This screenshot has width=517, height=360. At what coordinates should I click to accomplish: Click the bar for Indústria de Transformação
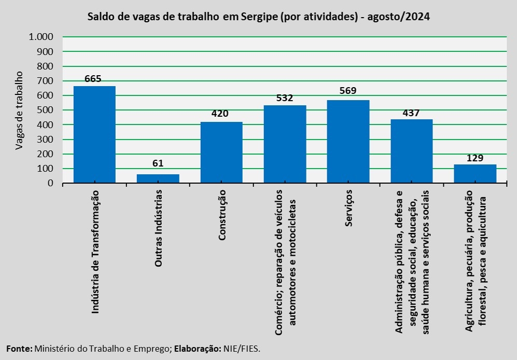(94, 134)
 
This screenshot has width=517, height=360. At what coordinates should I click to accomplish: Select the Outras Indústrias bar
(158, 178)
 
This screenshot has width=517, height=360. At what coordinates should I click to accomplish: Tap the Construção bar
(221, 153)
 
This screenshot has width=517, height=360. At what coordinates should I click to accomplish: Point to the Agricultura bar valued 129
(475, 174)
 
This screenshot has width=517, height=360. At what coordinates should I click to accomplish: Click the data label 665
(93, 79)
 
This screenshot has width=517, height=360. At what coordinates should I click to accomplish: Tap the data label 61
(158, 163)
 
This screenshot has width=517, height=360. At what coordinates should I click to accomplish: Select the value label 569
(348, 91)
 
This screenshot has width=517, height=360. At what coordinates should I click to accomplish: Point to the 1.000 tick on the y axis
(41, 37)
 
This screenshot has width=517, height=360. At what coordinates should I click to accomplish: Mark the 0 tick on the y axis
(50, 183)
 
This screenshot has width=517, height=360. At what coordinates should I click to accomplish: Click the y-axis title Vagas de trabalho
(19, 110)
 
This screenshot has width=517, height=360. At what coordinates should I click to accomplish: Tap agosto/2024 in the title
(398, 17)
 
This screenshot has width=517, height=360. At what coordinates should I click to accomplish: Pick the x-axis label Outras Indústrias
(159, 228)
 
